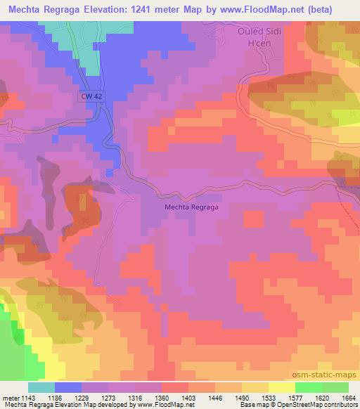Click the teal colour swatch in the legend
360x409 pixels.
coord(41,387)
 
